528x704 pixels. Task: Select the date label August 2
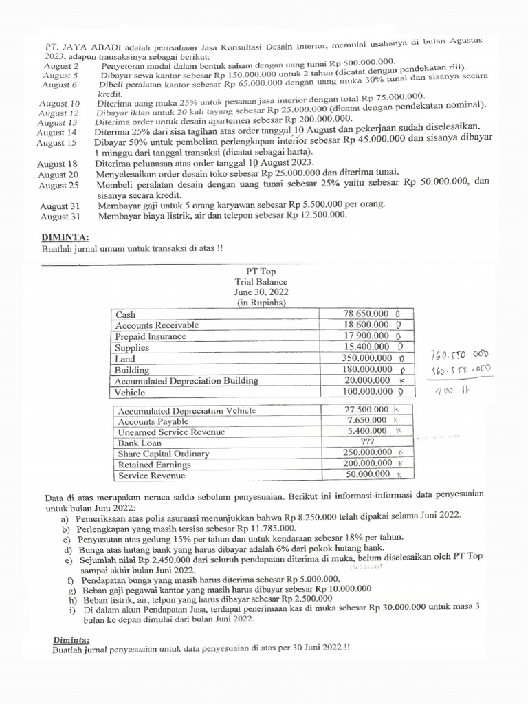pyautogui.click(x=61, y=66)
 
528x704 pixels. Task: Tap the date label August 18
pyautogui.click(x=58, y=164)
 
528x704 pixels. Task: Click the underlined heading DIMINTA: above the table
pyautogui.click(x=61, y=237)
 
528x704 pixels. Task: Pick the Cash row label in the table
pyautogui.click(x=126, y=314)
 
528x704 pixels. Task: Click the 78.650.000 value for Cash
pyautogui.click(x=366, y=313)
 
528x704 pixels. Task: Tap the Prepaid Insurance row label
pyautogui.click(x=151, y=336)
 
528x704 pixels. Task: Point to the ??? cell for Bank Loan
pyautogui.click(x=367, y=443)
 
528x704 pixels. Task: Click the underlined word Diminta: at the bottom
pyautogui.click(x=71, y=639)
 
